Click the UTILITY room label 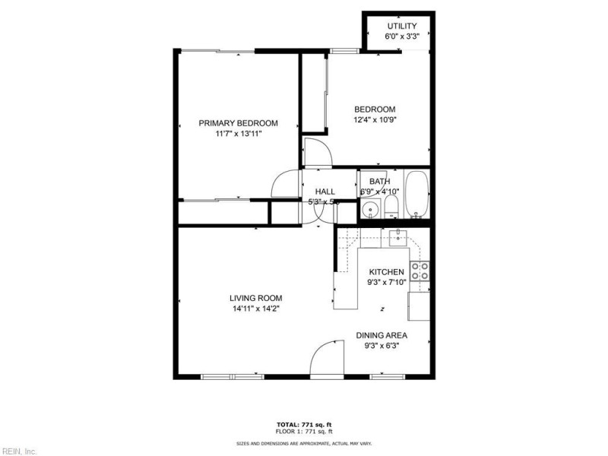[401, 27]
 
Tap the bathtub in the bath [416, 195]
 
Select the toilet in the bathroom [391, 207]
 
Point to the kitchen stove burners [420, 271]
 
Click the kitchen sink [399, 239]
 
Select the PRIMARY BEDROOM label [238, 123]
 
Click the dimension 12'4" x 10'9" [375, 119]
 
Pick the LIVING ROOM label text [256, 298]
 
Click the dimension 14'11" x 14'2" [256, 309]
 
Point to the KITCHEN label [386, 272]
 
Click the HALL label [325, 192]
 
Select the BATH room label [380, 182]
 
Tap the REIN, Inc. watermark [19, 451]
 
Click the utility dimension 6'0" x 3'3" [401, 36]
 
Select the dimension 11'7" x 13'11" [238, 134]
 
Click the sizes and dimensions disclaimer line [304, 443]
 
